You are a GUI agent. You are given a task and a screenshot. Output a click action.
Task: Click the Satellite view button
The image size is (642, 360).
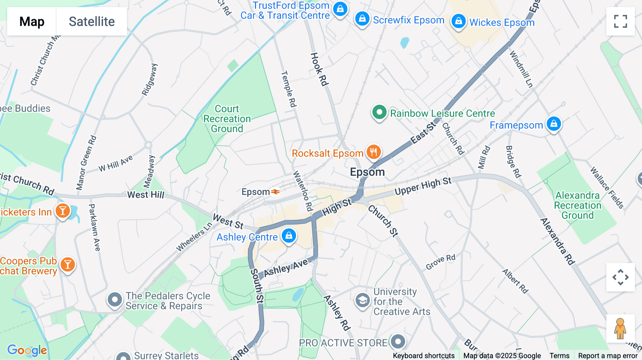(x=92, y=21)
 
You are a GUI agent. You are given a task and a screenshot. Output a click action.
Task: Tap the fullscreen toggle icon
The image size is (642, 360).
(x=620, y=21)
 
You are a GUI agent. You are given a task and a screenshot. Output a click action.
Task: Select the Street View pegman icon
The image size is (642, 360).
(x=620, y=329)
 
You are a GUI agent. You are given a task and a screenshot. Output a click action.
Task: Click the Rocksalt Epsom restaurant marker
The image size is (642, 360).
(x=373, y=152)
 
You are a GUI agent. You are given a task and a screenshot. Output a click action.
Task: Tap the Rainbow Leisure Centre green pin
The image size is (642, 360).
(x=379, y=112)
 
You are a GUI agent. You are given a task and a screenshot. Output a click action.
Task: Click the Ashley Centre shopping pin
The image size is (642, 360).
(x=289, y=236)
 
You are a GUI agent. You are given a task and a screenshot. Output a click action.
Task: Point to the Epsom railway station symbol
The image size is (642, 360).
(x=275, y=192)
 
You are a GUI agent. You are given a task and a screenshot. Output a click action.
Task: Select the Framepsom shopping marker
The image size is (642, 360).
(x=554, y=124)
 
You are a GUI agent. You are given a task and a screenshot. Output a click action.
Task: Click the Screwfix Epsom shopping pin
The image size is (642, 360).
(x=362, y=19)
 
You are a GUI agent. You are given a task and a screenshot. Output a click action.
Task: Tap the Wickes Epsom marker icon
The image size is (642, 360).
(x=458, y=21)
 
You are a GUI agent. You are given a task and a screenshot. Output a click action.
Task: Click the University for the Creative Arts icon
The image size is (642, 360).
(x=362, y=300)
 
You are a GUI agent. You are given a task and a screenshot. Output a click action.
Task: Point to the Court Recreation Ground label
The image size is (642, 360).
(x=227, y=119)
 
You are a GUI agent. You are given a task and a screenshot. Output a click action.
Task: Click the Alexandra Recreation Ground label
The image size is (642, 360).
(x=577, y=205)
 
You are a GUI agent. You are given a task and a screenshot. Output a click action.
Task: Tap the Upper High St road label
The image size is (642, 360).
(x=423, y=186)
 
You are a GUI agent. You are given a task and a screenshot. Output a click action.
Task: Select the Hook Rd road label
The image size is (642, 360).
(x=319, y=70)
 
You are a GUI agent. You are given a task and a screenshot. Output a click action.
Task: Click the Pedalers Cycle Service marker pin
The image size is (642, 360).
(x=115, y=300)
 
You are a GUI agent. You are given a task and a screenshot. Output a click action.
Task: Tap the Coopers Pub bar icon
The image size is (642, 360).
(x=67, y=265)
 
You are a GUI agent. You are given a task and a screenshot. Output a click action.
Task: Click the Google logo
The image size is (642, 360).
(x=27, y=350)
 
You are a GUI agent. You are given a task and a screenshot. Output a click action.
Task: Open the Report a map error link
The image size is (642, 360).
(x=607, y=356)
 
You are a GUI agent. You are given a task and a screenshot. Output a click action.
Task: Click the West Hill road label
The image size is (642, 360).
(x=146, y=195)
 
